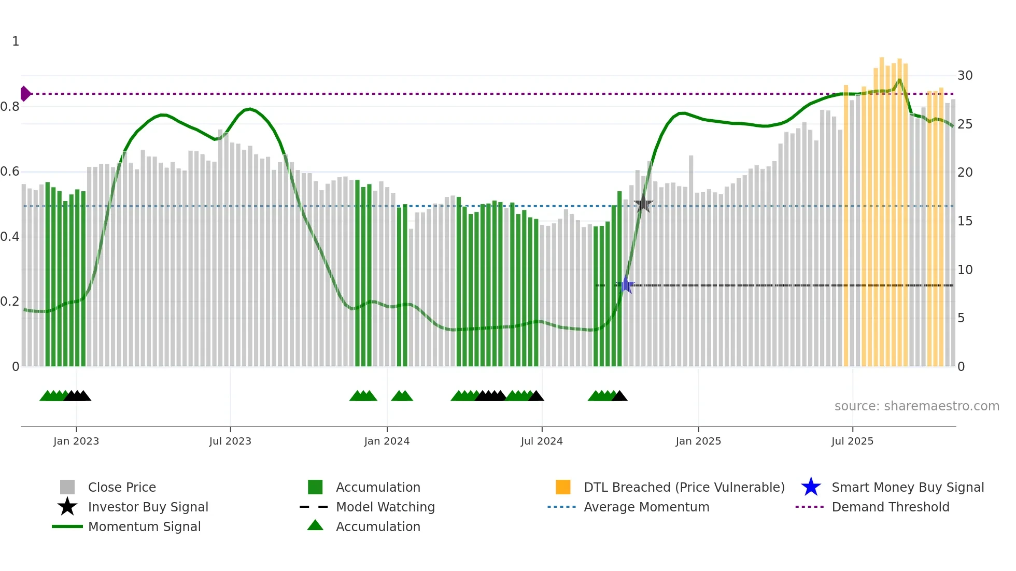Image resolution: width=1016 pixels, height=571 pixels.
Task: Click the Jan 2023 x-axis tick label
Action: [x=76, y=441]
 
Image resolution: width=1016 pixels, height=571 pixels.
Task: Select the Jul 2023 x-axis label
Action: [x=230, y=441]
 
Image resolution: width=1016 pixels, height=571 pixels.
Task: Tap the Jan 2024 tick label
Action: [x=387, y=441]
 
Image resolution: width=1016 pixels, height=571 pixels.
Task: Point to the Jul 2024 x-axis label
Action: [x=542, y=441]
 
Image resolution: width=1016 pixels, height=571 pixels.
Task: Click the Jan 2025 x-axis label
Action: [x=698, y=441]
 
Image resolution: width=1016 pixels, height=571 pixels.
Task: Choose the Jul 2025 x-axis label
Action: [x=852, y=441]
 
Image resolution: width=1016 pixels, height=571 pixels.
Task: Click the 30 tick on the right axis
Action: [x=965, y=76]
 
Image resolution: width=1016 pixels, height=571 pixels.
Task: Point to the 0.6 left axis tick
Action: [x=10, y=172]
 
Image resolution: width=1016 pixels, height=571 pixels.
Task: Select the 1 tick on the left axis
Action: [x=16, y=41]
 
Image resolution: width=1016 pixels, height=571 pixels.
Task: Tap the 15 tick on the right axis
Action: [x=965, y=221]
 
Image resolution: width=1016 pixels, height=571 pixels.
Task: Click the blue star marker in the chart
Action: [x=626, y=285]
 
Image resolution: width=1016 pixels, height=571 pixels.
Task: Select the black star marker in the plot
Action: [x=643, y=204]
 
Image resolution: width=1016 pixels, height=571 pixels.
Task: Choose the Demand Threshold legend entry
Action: [x=890, y=507]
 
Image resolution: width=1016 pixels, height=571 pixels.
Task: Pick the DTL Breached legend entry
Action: [x=684, y=487]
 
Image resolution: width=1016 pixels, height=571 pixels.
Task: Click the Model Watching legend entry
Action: [x=385, y=507]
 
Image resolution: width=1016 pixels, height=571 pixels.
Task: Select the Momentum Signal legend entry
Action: [x=144, y=526]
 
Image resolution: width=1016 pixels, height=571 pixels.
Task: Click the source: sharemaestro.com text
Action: [x=916, y=406]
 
